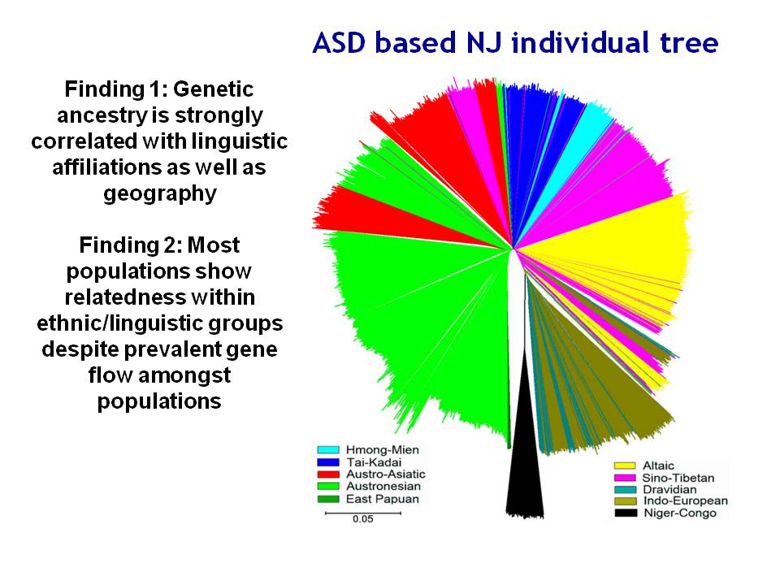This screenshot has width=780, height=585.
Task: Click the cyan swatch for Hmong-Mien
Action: point(327,449)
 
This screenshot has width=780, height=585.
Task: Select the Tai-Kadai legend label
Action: point(374,462)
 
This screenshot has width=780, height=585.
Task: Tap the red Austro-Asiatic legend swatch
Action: point(327,474)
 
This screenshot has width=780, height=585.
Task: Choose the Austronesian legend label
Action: point(383,487)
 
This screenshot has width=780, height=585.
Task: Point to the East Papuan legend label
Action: point(383,499)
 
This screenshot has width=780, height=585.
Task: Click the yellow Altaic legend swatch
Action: point(626,466)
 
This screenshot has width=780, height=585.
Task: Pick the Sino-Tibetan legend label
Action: point(678,478)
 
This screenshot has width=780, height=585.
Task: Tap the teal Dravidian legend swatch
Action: point(626,490)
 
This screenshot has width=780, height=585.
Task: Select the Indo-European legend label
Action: point(686,501)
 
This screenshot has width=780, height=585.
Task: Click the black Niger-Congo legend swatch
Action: point(626,513)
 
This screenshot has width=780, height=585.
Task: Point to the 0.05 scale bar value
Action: point(362,519)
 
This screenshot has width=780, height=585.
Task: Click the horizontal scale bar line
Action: point(362,513)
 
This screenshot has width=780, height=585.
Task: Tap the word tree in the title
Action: point(689,42)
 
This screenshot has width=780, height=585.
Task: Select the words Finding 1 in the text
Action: point(115,89)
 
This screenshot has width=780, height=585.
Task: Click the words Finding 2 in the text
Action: point(130,245)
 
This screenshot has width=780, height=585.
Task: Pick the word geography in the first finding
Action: point(160,193)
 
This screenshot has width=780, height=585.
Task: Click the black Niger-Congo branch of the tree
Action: point(524,448)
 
